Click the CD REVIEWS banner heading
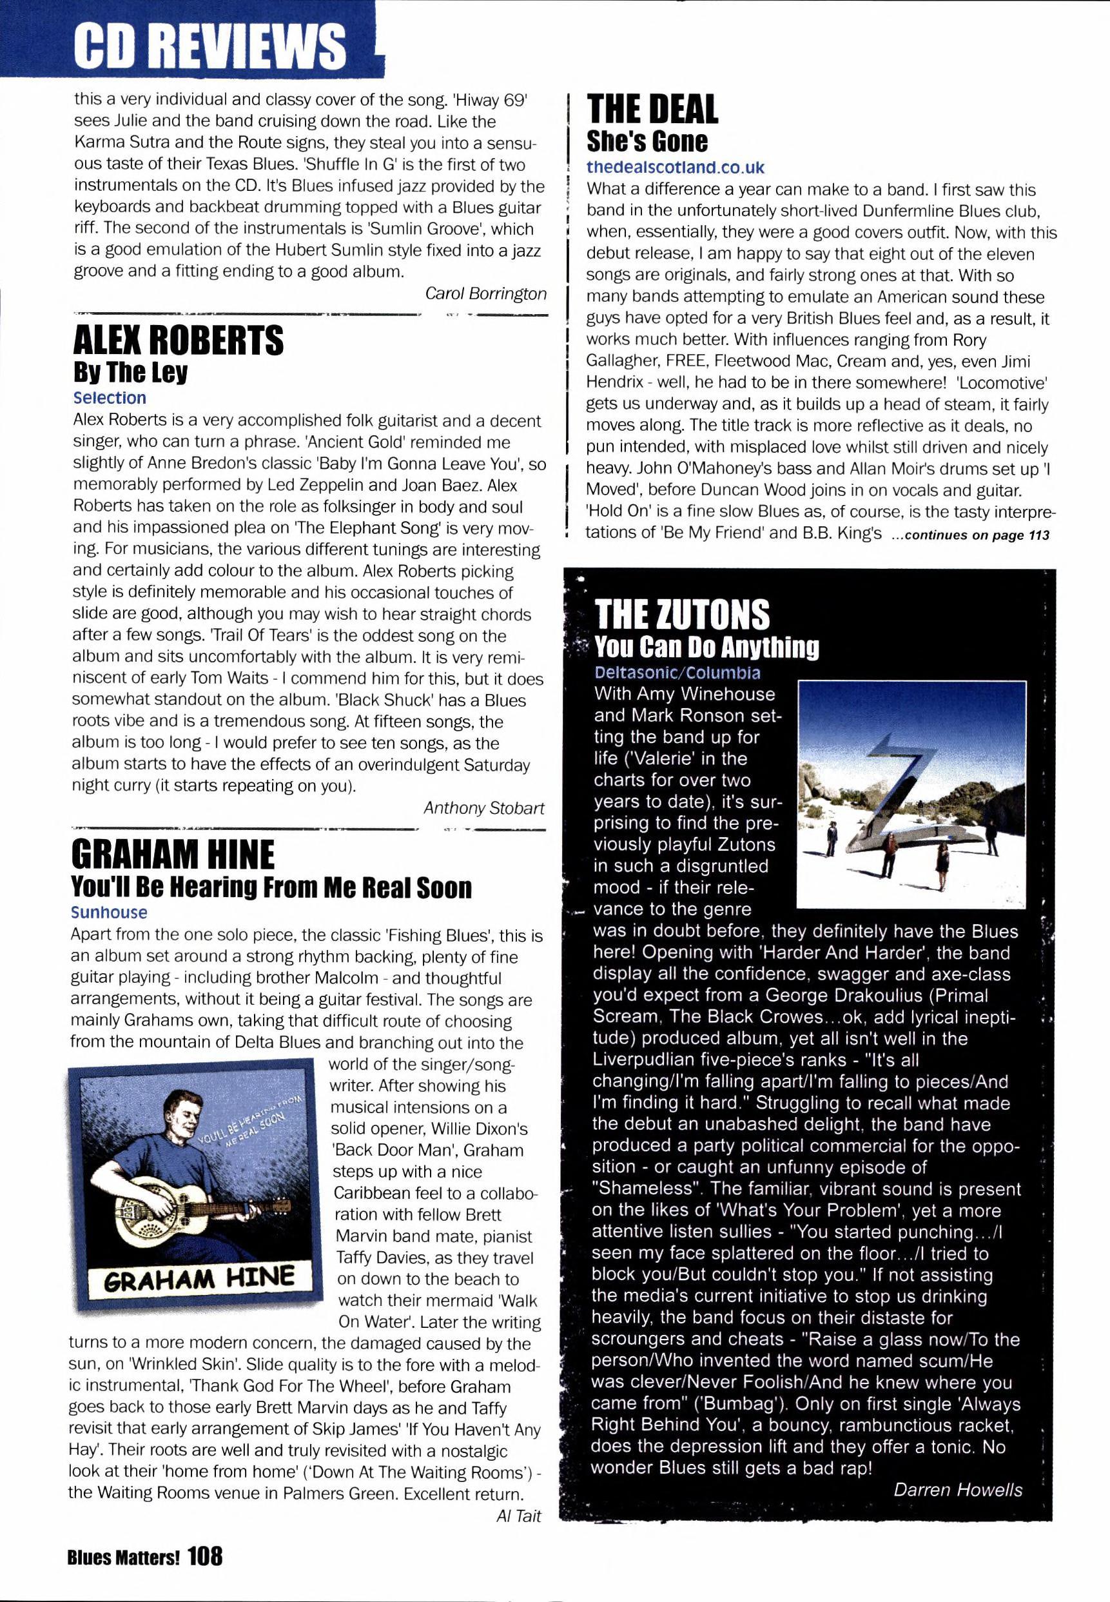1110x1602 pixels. pyautogui.click(x=209, y=45)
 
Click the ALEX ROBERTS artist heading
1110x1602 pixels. pyautogui.click(x=178, y=341)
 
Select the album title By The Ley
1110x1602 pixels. pyautogui.click(x=130, y=373)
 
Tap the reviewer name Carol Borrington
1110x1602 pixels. pyautogui.click(x=485, y=293)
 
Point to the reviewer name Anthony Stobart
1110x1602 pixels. pyautogui.click(x=484, y=807)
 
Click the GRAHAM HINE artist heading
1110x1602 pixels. pyautogui.click(x=173, y=855)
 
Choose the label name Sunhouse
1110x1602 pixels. pyautogui.click(x=109, y=913)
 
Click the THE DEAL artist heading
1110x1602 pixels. pyautogui.click(x=652, y=109)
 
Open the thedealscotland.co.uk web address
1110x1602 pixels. pyautogui.click(x=676, y=168)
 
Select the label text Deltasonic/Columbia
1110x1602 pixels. pyautogui.click(x=677, y=673)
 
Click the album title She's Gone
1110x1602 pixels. pyautogui.click(x=647, y=141)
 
